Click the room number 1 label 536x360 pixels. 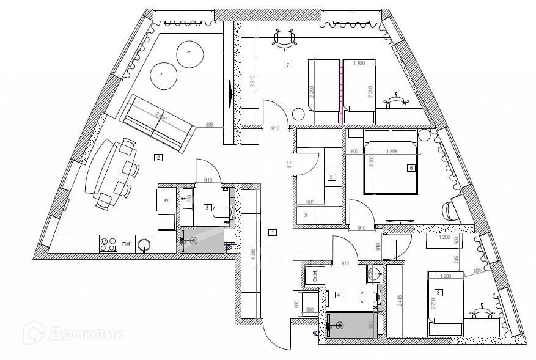[x=273, y=232]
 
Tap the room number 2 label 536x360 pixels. [x=158, y=158]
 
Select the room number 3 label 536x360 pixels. [x=208, y=208]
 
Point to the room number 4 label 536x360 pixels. [x=339, y=295]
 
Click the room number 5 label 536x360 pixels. [x=331, y=177]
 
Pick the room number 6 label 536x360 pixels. [x=411, y=167]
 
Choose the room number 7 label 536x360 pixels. [x=287, y=65]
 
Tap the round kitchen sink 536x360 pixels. [x=145, y=245]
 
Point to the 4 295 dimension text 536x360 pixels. [x=252, y=254]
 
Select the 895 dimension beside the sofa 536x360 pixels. [x=209, y=125]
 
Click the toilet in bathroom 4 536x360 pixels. [x=369, y=298]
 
